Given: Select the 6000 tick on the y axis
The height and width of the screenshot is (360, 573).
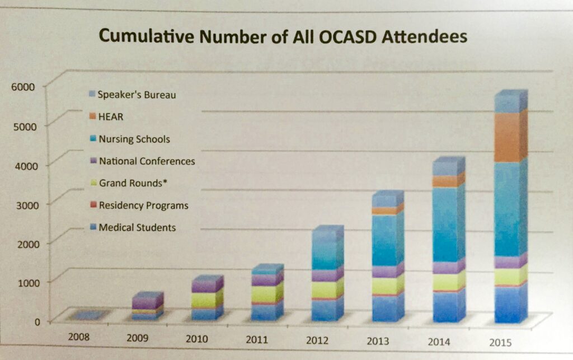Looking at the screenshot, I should click(x=23, y=86).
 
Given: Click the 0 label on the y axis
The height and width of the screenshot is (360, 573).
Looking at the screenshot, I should click(x=36, y=321).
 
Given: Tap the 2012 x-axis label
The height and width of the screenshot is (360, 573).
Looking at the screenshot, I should click(x=317, y=340).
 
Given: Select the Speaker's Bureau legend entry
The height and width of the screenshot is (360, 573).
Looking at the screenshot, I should click(x=137, y=95).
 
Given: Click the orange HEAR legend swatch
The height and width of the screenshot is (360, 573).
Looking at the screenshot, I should click(x=92, y=117).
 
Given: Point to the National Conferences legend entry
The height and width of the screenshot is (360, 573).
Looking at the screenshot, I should click(x=147, y=161).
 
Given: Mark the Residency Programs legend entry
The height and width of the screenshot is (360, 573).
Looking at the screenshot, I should click(x=143, y=205).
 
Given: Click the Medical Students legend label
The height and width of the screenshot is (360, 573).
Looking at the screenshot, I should click(x=137, y=227).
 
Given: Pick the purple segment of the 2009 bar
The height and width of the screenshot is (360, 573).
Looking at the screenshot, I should click(x=144, y=302).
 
